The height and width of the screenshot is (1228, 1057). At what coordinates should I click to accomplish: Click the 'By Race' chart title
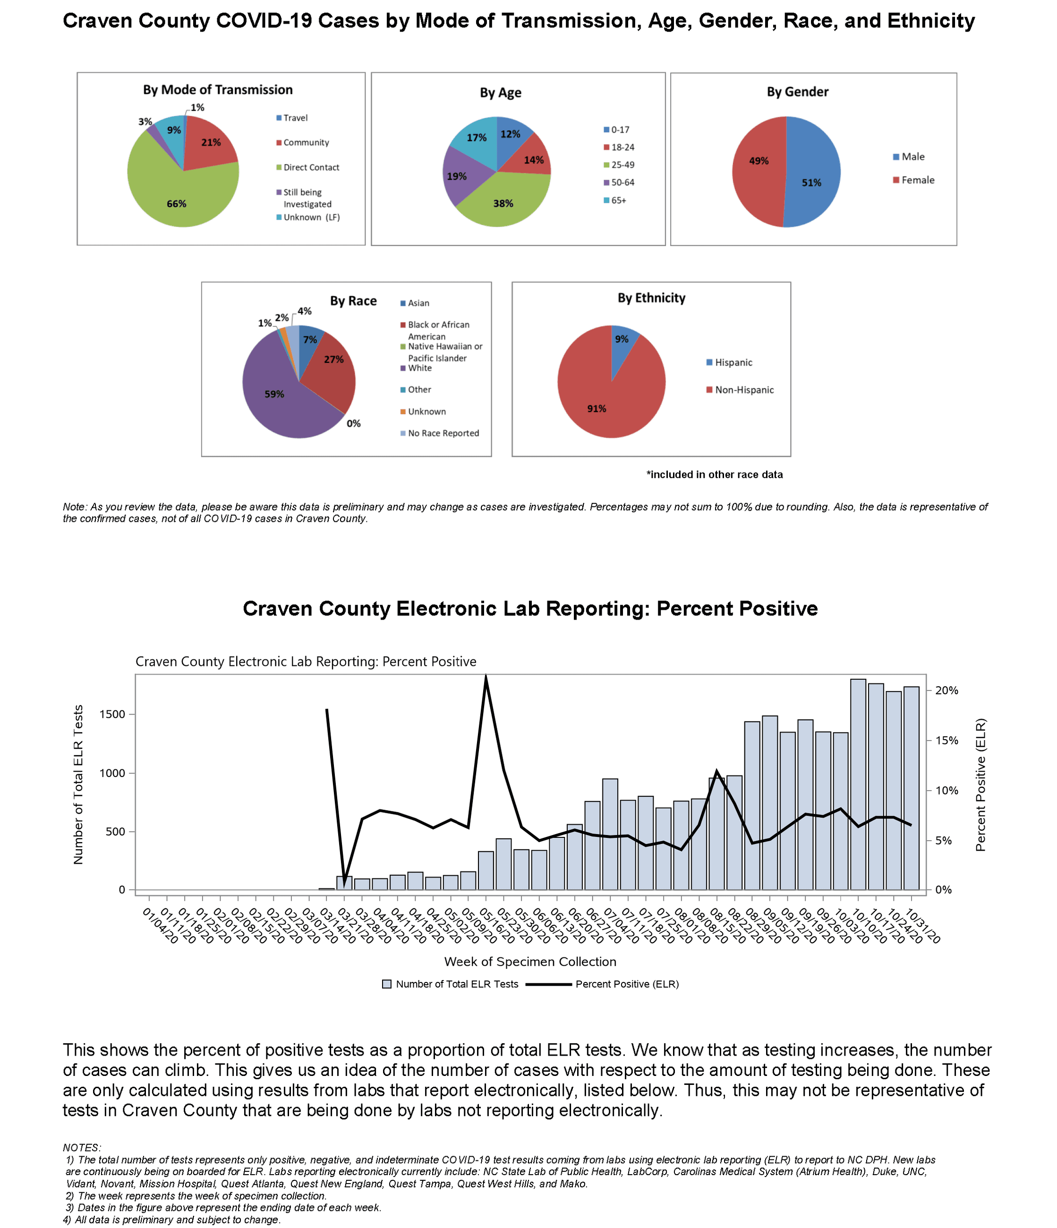[x=353, y=301]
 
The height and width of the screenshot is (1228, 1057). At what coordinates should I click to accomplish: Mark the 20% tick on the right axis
[x=946, y=691]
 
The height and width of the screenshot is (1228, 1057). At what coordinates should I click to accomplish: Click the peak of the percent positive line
[x=486, y=677]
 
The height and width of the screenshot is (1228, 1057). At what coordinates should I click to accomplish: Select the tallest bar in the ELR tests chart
[x=858, y=782]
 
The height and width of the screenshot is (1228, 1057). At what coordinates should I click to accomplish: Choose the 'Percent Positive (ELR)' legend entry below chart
[x=626, y=984]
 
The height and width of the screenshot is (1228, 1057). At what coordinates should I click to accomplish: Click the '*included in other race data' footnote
[x=714, y=475]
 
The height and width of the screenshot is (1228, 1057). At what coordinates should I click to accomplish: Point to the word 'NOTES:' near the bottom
[x=82, y=1148]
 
